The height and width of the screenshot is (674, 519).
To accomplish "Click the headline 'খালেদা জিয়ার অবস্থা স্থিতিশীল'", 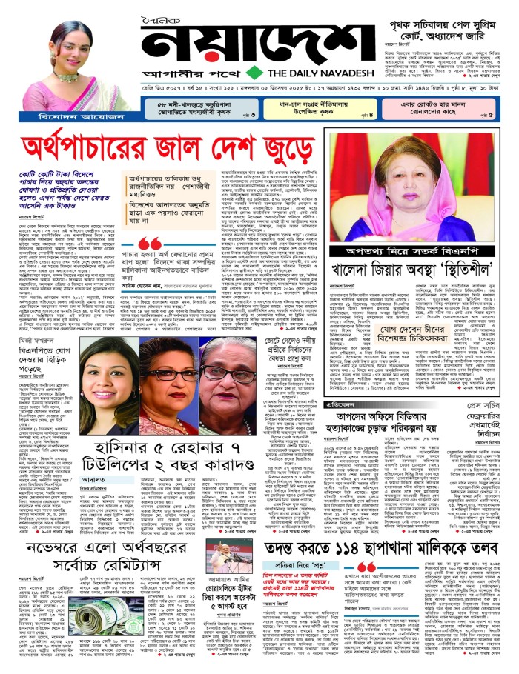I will click(x=410, y=270).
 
